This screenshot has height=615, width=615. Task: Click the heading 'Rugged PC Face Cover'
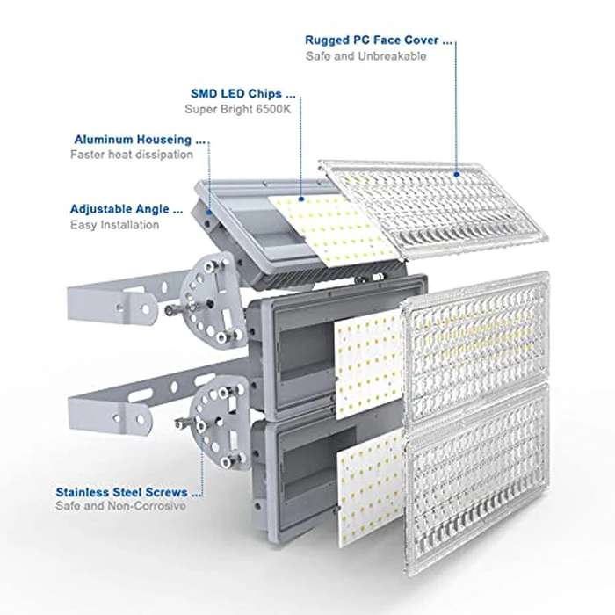378,40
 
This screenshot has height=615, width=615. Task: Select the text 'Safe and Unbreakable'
365,56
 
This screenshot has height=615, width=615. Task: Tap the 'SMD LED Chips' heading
242,92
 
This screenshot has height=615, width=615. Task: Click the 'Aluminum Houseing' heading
140,139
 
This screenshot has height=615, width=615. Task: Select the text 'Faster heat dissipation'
132,155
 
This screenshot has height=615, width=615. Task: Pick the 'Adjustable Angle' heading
127,210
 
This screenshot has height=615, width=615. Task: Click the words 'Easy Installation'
115,225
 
